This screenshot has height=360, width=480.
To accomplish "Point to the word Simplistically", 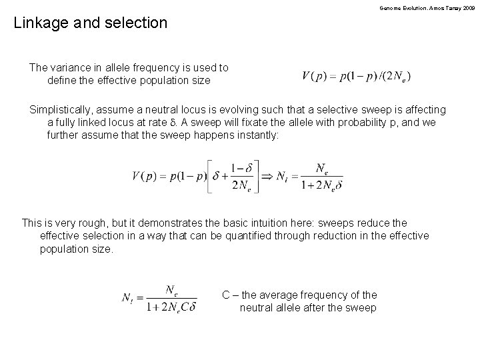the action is pyautogui.click(x=62, y=109).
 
